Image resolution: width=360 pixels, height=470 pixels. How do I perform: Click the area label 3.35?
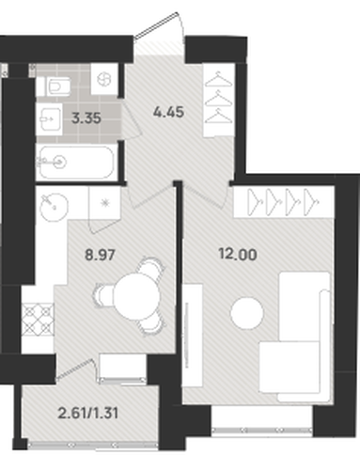point(86,118)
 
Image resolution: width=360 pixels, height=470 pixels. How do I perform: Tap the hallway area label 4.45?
point(168,112)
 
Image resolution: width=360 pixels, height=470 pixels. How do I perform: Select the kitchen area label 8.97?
point(100,255)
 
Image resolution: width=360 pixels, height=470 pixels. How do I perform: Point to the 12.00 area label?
point(238,255)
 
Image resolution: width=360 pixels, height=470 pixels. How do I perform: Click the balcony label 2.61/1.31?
point(88,414)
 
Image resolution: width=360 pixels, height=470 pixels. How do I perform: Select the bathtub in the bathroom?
point(75,163)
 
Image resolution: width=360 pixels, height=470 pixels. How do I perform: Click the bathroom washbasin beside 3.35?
point(50,119)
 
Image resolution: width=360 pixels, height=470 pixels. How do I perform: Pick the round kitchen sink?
point(54,206)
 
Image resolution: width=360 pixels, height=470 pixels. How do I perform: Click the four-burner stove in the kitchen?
point(38,320)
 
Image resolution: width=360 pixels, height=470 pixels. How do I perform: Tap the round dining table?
point(136,297)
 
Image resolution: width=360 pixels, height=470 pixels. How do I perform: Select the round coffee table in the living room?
point(247,313)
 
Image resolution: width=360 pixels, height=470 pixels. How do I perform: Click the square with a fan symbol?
point(103,79)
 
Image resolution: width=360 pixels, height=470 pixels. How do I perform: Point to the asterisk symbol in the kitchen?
point(104,203)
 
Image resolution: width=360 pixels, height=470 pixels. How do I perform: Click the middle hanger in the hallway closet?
point(219,98)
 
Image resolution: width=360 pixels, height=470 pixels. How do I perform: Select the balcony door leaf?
point(74,369)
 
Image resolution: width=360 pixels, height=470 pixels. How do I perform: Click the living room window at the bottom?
point(262,431)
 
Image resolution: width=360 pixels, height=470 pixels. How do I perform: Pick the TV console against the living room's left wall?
point(193,336)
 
